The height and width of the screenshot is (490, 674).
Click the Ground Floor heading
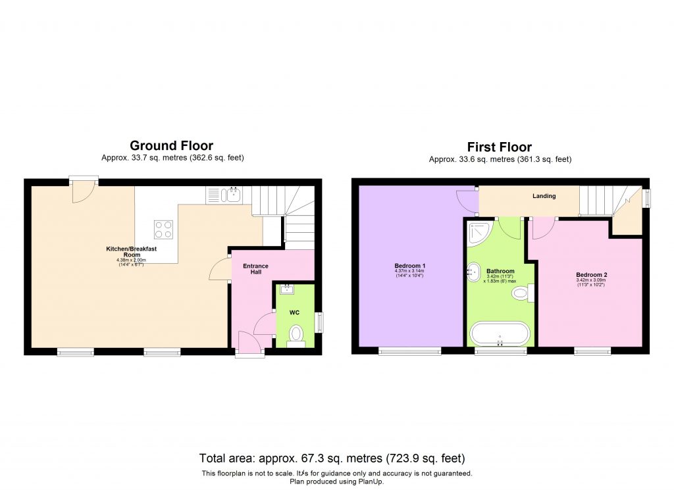point(171,145)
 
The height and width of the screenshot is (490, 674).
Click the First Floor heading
point(499,147)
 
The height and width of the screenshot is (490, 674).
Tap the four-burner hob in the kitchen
point(163,229)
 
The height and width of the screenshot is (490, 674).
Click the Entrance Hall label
point(255,269)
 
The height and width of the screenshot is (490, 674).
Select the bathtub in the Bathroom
point(500,333)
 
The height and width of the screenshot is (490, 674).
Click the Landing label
point(544,195)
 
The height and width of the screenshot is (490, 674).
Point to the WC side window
point(320,322)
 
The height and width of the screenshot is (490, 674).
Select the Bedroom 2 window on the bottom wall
point(592,351)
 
